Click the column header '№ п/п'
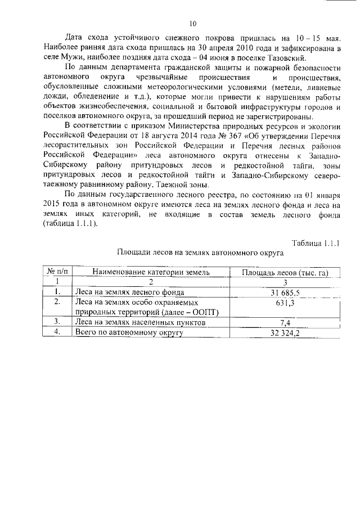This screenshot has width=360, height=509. click(57, 272)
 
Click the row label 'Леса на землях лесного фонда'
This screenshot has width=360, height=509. click(130, 292)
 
